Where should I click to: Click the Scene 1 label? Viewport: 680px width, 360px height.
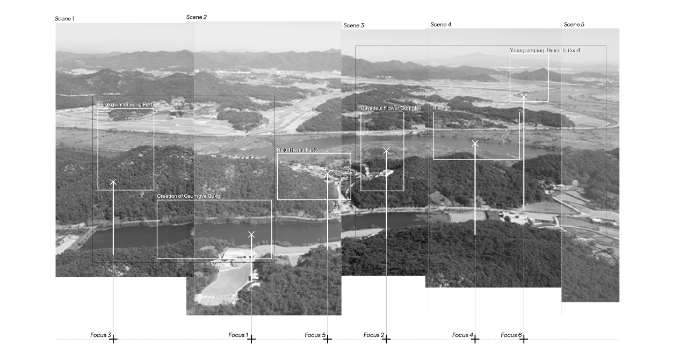tap(64, 19)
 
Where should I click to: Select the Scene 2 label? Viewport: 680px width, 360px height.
tap(196, 17)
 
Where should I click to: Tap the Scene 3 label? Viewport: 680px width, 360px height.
tap(353, 25)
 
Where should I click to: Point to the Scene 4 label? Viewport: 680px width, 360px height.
tap(440, 25)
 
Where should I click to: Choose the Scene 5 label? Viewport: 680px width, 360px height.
tap(574, 25)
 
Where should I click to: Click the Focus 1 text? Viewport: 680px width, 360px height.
tap(238, 335)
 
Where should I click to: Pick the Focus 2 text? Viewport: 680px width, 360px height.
tap(373, 335)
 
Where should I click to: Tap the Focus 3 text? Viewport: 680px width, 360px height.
tap(100, 335)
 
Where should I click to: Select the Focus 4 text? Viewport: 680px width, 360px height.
tap(462, 335)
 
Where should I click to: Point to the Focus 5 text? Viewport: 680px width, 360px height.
tap(315, 335)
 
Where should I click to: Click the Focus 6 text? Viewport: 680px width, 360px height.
tap(511, 335)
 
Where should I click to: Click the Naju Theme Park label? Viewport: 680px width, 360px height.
tap(296, 150)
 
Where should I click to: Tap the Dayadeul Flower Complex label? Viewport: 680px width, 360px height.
tap(390, 108)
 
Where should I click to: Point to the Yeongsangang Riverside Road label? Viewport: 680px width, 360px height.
tap(544, 50)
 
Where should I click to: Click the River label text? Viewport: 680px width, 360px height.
tap(439, 109)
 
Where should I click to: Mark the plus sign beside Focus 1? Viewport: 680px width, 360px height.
tap(251, 339)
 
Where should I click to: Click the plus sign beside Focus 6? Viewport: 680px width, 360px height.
tap(524, 339)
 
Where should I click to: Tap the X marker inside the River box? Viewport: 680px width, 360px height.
tap(475, 143)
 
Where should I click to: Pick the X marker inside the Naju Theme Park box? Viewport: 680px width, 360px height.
tap(328, 173)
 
